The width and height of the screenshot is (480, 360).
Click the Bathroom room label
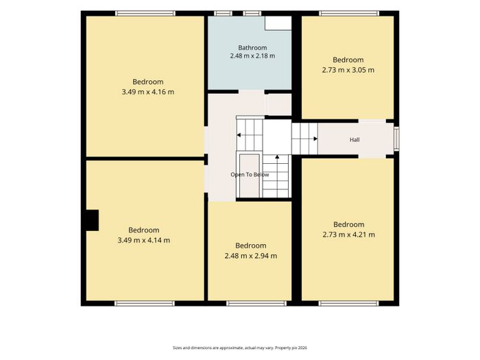[252, 48]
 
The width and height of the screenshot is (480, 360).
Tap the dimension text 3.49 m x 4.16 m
[148, 92]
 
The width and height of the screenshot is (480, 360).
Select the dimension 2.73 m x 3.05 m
[348, 70]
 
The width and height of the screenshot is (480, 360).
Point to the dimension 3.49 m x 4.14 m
[144, 240]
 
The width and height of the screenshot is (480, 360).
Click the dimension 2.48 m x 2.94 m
[251, 256]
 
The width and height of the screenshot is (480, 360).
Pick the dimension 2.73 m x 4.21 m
[348, 235]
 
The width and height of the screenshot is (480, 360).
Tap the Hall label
[355, 140]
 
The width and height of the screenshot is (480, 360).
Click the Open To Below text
[250, 175]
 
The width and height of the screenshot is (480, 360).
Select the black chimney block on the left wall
[92, 220]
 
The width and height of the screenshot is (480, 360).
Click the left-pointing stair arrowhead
[239, 135]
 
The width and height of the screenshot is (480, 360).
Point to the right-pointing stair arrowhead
[315, 139]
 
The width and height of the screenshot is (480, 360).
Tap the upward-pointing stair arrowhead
[277, 157]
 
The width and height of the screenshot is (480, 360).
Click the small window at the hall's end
[396, 139]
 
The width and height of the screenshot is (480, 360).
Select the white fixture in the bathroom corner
[278, 23]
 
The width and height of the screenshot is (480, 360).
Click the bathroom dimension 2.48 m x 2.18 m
[252, 56]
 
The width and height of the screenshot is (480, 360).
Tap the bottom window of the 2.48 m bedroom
[256, 303]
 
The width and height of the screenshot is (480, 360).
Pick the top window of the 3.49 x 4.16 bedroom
[145, 13]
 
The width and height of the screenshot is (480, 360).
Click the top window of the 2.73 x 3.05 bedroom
[349, 13]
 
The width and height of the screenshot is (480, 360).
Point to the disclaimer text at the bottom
[240, 348]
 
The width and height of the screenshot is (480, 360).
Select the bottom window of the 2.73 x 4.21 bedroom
[348, 303]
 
